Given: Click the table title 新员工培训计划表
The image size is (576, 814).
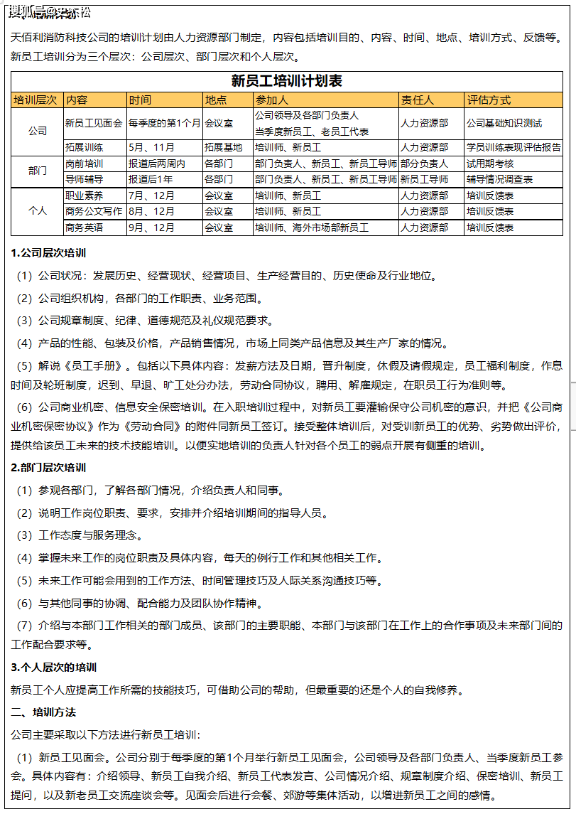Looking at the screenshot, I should point(287,81).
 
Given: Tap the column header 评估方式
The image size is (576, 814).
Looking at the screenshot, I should point(489,100).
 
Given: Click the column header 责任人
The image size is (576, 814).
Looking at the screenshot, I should point(417,100).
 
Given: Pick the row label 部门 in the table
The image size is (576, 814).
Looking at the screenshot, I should point(38,171).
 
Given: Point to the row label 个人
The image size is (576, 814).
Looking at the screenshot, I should point(38,211).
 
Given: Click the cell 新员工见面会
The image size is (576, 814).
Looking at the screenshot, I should point(94,123).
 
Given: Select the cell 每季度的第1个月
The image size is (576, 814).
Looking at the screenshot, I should point(165,123).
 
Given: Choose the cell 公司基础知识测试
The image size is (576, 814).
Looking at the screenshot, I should point(504,123).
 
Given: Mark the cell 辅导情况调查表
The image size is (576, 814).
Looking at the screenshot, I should point(500,179).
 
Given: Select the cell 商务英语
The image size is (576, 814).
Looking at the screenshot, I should point(84,227).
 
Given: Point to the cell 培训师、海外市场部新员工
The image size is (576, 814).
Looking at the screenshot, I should point(312,227).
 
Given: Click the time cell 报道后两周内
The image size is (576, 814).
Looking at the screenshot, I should point(157,164).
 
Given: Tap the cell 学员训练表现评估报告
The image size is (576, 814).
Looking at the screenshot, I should point(513,148).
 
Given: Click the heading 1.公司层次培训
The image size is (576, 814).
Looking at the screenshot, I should point(49,253).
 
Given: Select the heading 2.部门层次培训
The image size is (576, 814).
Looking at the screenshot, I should point(49,468).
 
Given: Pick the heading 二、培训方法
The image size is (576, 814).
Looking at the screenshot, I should point(43,712).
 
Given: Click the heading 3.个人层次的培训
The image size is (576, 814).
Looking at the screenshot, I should point(54,668).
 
